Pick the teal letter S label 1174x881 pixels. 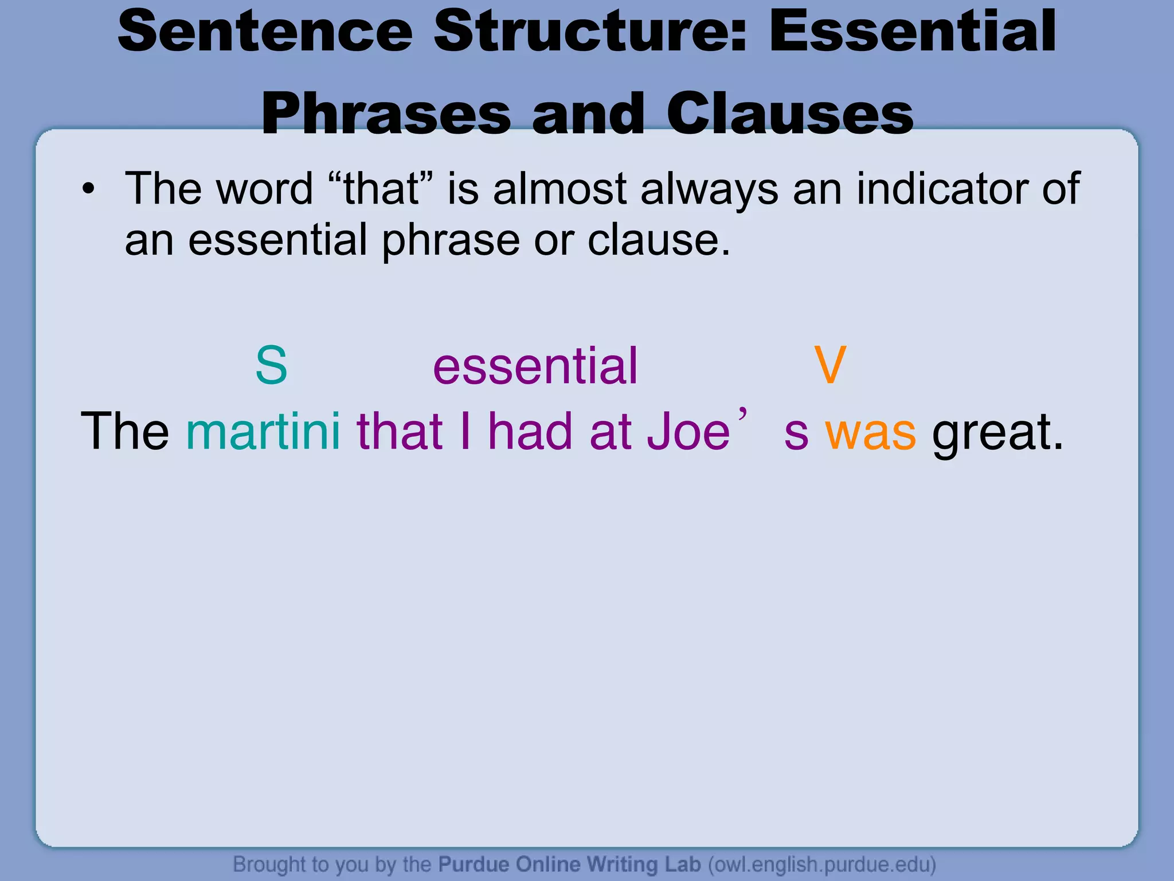271,365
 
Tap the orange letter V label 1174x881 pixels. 829,365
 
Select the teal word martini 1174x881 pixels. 263,431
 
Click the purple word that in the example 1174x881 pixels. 400,431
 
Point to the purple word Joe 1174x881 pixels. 688,431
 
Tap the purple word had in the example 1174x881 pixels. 530,431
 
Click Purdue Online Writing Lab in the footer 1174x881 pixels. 569,864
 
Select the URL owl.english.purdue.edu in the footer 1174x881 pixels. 821,864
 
